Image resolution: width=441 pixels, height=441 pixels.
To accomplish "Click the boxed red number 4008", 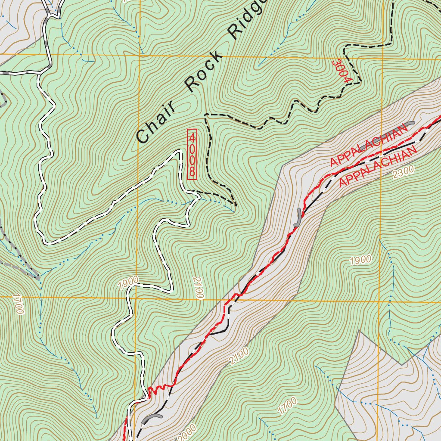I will point(192,154).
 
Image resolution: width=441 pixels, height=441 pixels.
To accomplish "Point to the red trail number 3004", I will point(342,71).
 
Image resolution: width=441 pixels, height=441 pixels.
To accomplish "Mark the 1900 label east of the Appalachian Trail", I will point(360,260).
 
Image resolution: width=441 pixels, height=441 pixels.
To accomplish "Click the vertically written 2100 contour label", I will point(198,288).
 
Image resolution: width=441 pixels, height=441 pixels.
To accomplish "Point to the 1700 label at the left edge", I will point(18,304).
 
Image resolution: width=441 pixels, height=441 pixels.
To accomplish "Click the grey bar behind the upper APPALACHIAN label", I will point(398,129).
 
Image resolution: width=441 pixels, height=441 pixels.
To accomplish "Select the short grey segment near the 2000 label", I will point(153,417).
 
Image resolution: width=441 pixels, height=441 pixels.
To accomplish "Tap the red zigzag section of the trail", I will point(161,386).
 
